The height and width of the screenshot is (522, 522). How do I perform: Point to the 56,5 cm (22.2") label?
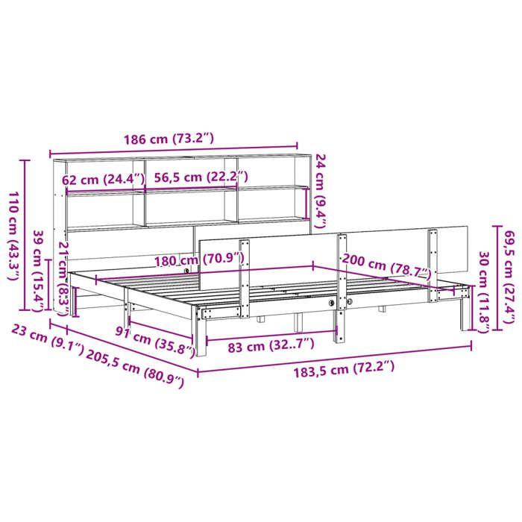coord(201,177)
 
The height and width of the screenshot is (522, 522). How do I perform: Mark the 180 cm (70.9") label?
coord(189,260)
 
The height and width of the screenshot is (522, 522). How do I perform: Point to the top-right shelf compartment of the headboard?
coord(272,170)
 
